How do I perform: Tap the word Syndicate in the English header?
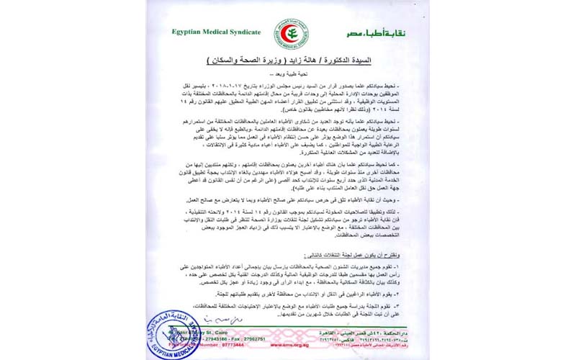[x=243, y=32]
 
